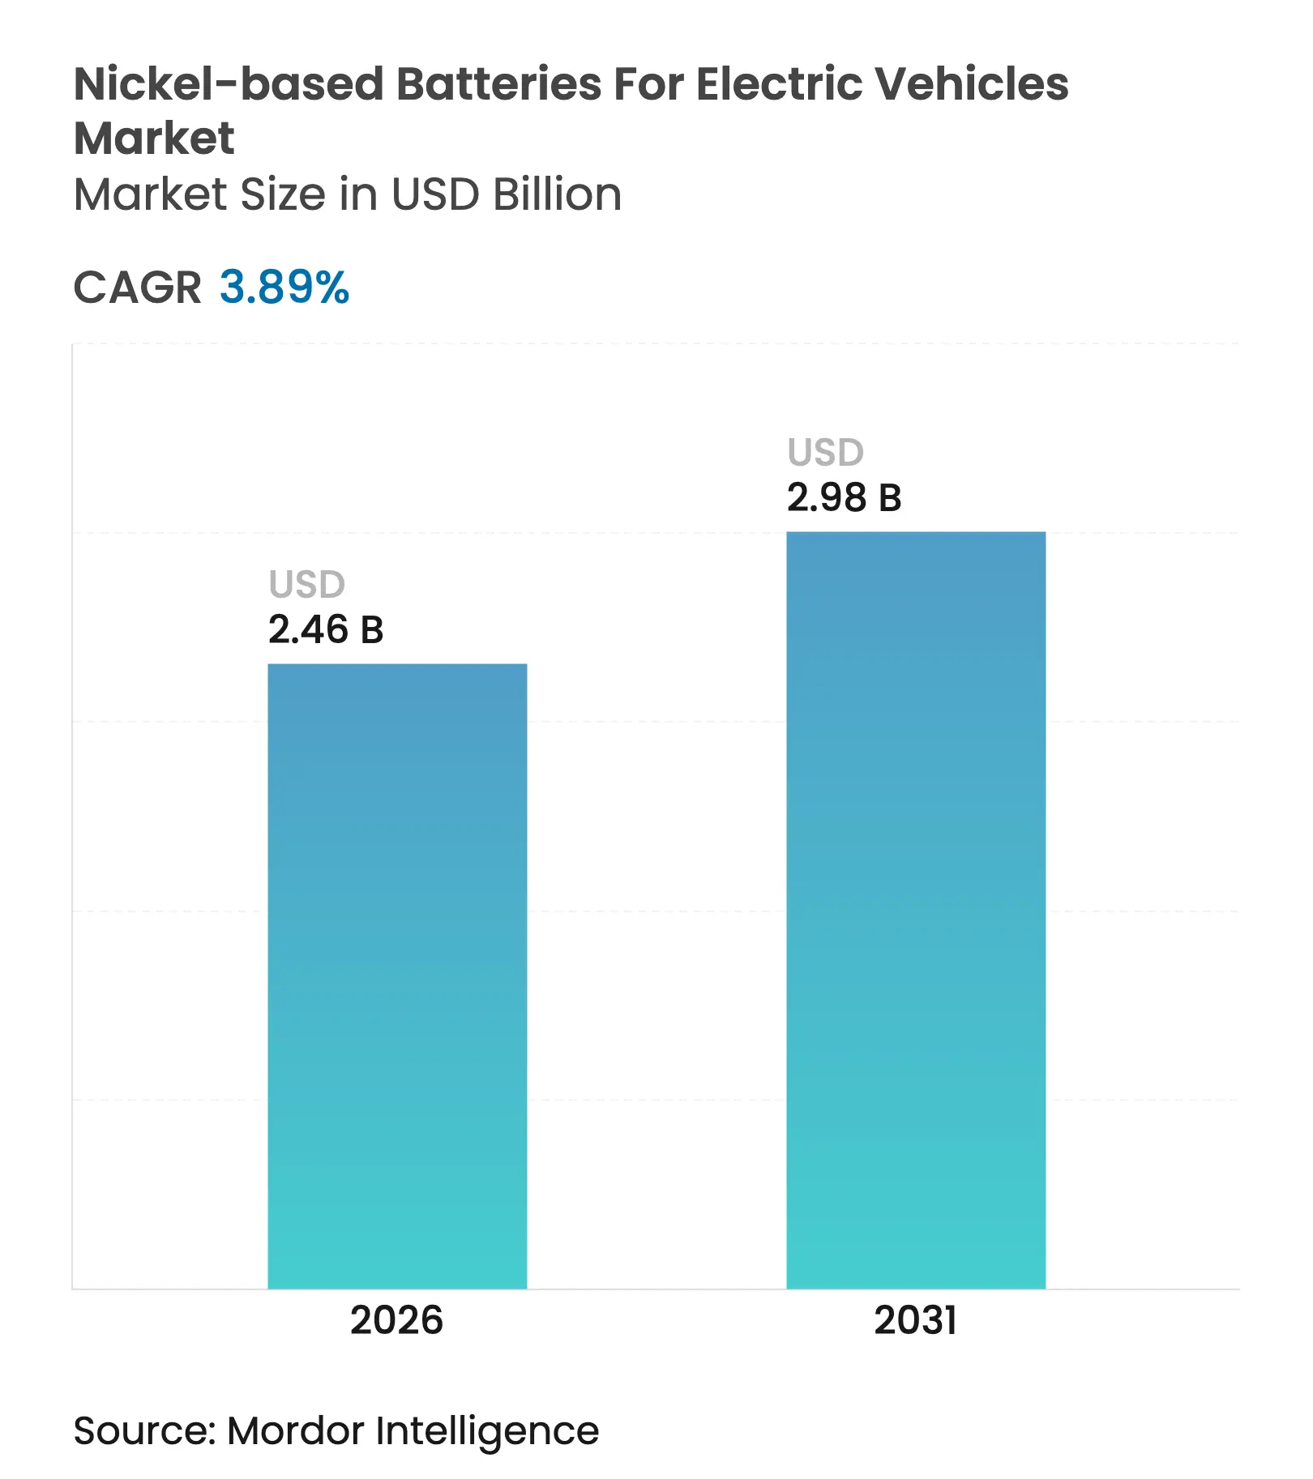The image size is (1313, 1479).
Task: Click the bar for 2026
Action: (x=397, y=976)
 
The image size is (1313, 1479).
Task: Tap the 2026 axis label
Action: (x=396, y=1320)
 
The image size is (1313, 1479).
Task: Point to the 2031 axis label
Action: (x=915, y=1320)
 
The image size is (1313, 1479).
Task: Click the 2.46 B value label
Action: (x=326, y=630)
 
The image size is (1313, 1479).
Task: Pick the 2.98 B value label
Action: (x=844, y=497)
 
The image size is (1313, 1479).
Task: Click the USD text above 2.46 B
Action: (x=307, y=584)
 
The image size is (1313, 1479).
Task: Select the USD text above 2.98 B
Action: (x=825, y=452)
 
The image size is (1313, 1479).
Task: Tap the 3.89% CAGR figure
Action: (x=284, y=288)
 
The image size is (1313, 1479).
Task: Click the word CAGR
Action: (x=137, y=288)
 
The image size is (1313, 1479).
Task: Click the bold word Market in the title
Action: (x=154, y=138)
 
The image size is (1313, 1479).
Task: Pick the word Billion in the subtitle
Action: (x=557, y=194)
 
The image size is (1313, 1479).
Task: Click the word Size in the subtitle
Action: (x=284, y=194)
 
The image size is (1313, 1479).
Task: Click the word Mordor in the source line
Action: (x=296, y=1431)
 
